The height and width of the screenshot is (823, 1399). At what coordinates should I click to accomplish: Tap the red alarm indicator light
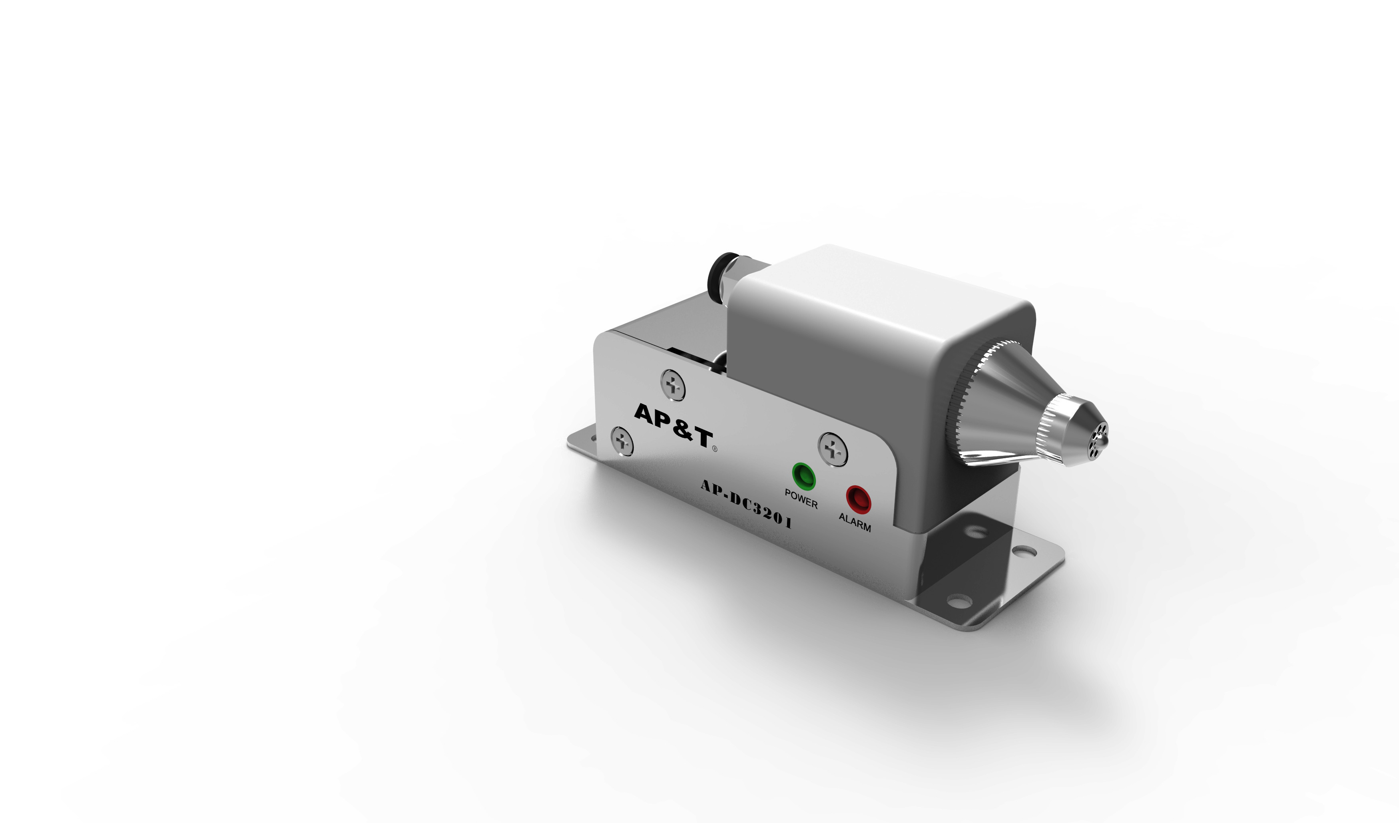point(858,499)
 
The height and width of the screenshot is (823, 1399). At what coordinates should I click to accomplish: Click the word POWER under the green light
point(801,498)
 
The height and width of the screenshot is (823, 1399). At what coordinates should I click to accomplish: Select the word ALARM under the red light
point(855,522)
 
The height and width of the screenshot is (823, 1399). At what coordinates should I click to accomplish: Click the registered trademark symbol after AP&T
point(715,449)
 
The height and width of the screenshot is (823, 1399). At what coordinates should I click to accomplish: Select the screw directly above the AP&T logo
point(673,385)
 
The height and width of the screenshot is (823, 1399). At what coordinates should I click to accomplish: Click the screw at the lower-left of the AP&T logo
point(622,441)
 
